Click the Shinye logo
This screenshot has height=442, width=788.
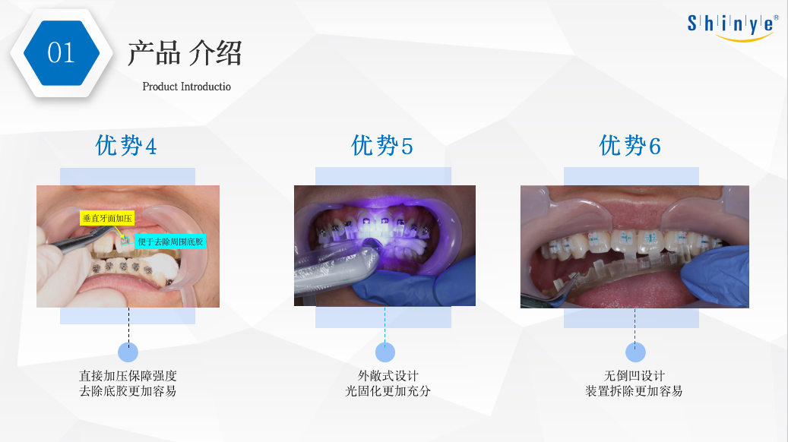(x=733, y=27)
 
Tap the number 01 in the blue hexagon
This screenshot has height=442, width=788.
(x=62, y=52)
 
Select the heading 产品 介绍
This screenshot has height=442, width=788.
(x=185, y=53)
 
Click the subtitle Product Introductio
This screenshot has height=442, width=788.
(x=186, y=87)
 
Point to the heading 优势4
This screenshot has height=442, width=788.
(x=126, y=146)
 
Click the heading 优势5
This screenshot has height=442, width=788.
(x=382, y=146)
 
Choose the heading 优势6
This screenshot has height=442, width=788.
(x=630, y=146)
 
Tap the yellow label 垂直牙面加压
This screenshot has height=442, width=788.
(x=107, y=218)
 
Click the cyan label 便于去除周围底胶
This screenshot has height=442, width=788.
(x=170, y=242)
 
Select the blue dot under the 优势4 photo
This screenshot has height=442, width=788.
(x=128, y=352)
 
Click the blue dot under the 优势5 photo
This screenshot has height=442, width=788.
(x=385, y=352)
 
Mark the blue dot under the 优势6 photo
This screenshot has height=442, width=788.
(x=635, y=352)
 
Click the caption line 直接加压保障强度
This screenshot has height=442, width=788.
(x=128, y=376)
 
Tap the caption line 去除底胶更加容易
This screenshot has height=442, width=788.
(x=128, y=391)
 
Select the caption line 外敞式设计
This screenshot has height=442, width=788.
(x=388, y=376)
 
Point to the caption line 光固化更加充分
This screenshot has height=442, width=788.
(x=388, y=391)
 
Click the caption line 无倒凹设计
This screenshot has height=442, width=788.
(x=635, y=376)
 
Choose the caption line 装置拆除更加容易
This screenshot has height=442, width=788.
(x=635, y=391)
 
